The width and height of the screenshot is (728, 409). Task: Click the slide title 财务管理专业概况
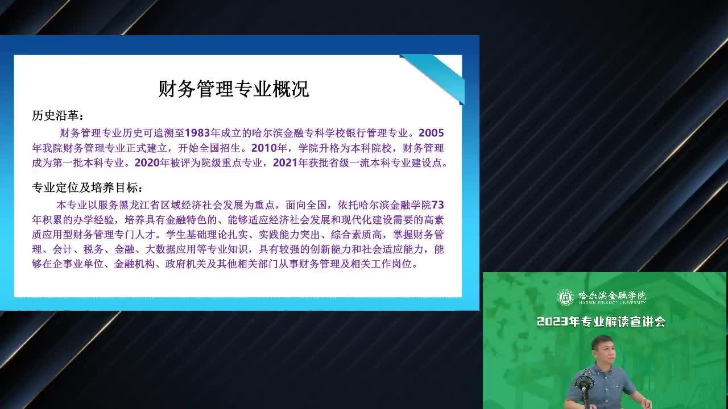tap(233, 89)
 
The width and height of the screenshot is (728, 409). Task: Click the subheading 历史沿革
tap(55, 115)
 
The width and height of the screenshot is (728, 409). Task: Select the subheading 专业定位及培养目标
tap(85, 187)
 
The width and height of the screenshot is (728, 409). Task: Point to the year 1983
tap(197, 133)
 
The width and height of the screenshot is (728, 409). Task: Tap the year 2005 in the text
tap(431, 133)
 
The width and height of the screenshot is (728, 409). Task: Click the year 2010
tap(264, 148)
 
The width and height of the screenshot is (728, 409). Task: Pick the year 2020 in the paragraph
tap(147, 162)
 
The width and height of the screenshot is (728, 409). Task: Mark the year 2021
tap(286, 162)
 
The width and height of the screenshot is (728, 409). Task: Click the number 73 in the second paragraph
tap(437, 205)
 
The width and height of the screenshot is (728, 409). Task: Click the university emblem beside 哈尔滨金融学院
tap(565, 298)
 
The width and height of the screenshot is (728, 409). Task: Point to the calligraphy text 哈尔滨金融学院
tap(612, 295)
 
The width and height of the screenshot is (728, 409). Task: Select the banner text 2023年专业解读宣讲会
tap(601, 322)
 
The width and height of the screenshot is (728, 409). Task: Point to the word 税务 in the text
tap(93, 249)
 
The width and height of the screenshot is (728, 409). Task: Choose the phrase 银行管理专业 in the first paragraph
tap(377, 133)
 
